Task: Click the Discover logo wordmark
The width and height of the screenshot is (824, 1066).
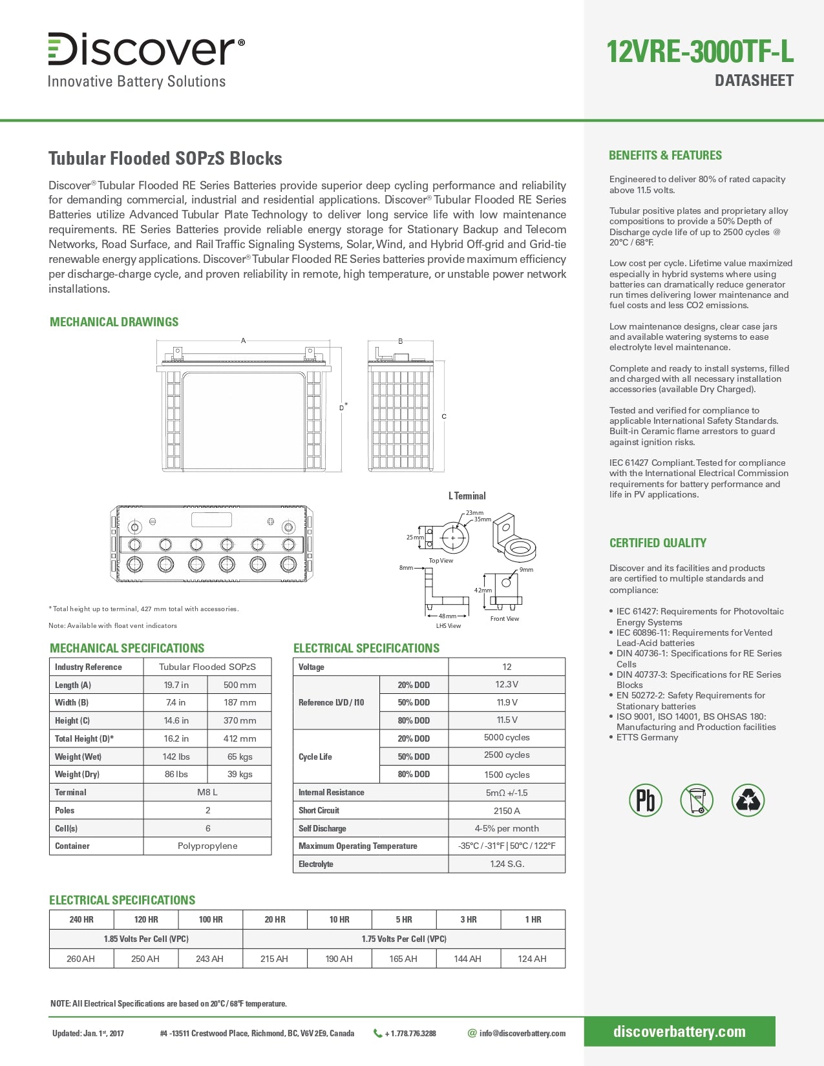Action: click(x=146, y=50)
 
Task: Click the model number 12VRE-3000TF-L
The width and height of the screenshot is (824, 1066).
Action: click(x=699, y=52)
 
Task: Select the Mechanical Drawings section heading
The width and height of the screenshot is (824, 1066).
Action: click(x=114, y=322)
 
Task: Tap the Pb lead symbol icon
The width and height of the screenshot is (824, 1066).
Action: click(x=645, y=800)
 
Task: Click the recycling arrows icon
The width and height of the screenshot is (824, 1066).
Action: click(x=748, y=800)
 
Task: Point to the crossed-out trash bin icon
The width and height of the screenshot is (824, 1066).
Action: click(x=697, y=800)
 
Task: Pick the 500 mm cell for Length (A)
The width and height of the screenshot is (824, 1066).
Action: click(x=239, y=685)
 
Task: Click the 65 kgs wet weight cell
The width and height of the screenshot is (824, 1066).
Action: click(x=239, y=757)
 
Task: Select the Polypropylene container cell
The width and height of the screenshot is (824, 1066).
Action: click(x=207, y=846)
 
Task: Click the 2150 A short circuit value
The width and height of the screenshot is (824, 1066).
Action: click(x=507, y=810)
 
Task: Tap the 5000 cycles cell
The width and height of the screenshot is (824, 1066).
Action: click(x=507, y=738)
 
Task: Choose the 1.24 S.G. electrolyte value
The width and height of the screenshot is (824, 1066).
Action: click(x=507, y=864)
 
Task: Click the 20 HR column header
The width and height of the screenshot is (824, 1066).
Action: click(x=275, y=919)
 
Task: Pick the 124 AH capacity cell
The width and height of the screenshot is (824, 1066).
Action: click(x=532, y=959)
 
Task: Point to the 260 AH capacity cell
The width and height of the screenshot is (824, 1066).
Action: click(x=81, y=959)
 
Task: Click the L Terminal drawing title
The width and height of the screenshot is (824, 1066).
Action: click(x=467, y=496)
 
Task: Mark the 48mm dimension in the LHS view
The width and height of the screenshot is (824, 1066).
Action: click(x=447, y=616)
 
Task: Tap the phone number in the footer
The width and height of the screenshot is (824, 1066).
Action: click(x=410, y=1034)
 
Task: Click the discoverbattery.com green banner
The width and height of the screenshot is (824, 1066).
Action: click(x=679, y=1032)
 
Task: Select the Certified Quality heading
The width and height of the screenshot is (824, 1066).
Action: click(x=657, y=543)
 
